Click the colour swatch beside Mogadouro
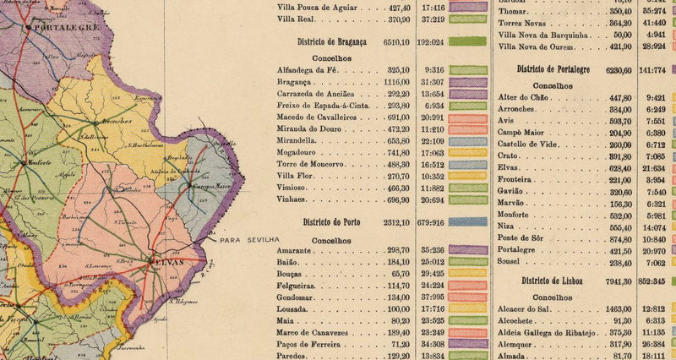click(469, 153)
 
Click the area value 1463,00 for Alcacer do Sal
click(613, 310)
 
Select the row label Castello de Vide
click(534, 145)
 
